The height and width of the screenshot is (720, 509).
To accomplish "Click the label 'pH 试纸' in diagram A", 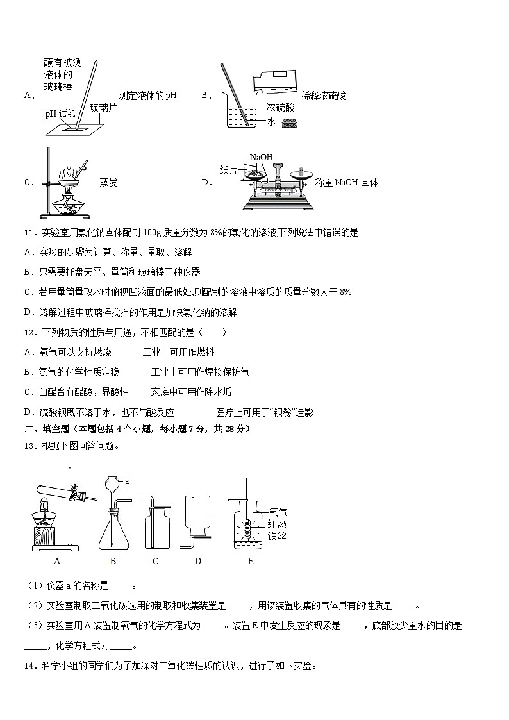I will (60, 113).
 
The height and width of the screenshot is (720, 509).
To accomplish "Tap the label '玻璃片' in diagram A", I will (103, 107).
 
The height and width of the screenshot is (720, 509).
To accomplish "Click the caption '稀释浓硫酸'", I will (323, 96).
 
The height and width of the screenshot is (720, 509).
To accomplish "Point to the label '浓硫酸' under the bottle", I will (280, 107).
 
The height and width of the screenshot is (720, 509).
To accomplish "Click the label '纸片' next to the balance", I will (229, 169).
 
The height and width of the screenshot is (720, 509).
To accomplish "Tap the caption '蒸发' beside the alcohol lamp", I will (109, 182).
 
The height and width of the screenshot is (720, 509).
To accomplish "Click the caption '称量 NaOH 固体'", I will (346, 182).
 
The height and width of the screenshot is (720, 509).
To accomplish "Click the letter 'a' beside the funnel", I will (127, 480).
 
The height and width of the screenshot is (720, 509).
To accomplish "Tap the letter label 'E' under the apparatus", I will (250, 561).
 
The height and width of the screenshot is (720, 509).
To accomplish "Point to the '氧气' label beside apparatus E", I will (278, 512).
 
